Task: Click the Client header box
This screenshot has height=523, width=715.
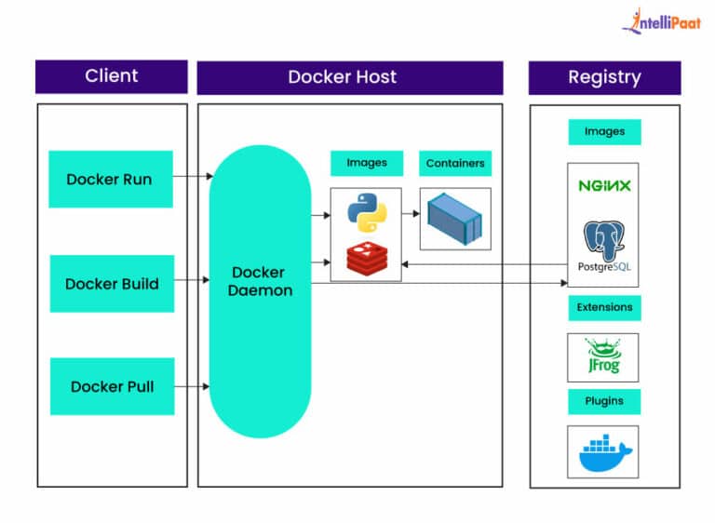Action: tap(112, 76)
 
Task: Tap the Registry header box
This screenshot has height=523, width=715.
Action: tap(604, 76)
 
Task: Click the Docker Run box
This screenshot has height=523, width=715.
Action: tap(110, 180)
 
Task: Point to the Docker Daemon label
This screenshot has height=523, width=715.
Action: tap(261, 282)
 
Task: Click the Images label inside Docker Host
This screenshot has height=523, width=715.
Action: tap(367, 163)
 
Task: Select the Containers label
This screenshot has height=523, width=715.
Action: tap(455, 163)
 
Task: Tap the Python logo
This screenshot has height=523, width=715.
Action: tap(366, 212)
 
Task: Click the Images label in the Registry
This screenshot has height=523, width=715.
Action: tap(604, 132)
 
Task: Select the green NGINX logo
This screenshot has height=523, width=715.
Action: tap(604, 186)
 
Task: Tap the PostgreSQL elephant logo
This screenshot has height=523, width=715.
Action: tap(603, 243)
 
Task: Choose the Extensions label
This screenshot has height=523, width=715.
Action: tap(604, 307)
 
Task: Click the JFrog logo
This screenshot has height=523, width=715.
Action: tap(603, 358)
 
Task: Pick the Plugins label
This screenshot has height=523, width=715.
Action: tap(604, 401)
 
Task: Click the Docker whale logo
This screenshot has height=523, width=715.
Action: tap(603, 452)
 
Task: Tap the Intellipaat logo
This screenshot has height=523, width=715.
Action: tap(662, 22)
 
